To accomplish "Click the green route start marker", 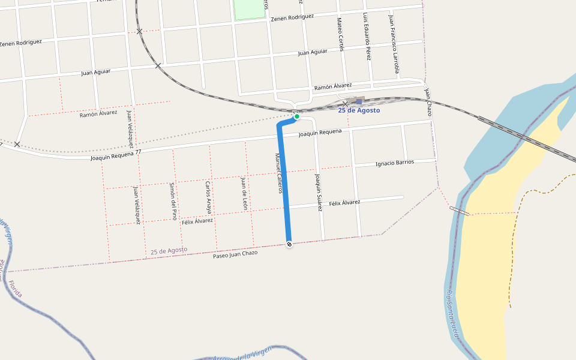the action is pyautogui.click(x=296, y=116).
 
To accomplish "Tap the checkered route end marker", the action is pyautogui.click(x=290, y=244).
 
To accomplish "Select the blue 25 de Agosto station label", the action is pyautogui.click(x=359, y=110).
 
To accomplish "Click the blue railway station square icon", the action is pyautogui.click(x=359, y=101).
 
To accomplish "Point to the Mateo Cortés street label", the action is pyautogui.click(x=340, y=34).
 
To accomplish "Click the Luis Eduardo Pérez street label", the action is pyautogui.click(x=367, y=36).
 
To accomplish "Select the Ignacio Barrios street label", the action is pyautogui.click(x=394, y=163).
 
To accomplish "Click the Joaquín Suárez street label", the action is pyautogui.click(x=319, y=193).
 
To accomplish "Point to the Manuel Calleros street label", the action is pyautogui.click(x=278, y=173).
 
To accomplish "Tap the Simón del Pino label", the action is pyautogui.click(x=173, y=201).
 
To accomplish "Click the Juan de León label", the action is pyautogui.click(x=244, y=193).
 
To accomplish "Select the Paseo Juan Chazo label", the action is pyautogui.click(x=235, y=253).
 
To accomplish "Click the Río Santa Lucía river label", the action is pyautogui.click(x=452, y=313).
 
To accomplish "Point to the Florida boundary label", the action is pyautogui.click(x=15, y=289).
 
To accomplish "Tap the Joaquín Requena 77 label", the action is pyautogui.click(x=116, y=155).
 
